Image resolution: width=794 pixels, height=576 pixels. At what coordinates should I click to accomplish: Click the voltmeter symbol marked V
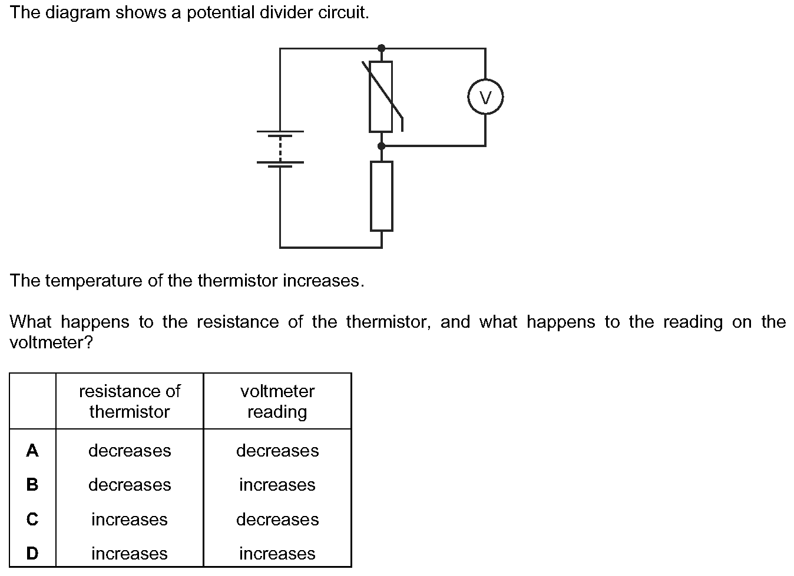(x=485, y=96)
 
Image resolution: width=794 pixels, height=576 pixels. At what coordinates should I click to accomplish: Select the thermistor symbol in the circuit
(x=382, y=96)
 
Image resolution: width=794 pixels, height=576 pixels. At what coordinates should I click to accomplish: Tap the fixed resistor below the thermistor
(x=382, y=196)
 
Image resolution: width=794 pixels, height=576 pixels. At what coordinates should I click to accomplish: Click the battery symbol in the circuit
(x=280, y=149)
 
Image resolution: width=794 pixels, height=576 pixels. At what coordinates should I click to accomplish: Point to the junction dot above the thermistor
(x=382, y=48)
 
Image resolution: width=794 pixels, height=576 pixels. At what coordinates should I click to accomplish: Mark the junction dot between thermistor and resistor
(x=382, y=146)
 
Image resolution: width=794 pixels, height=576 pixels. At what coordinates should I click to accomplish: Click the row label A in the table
(x=32, y=451)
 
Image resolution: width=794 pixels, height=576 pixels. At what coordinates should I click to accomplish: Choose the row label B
(x=32, y=485)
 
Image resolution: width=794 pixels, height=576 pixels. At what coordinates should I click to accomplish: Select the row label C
(x=32, y=520)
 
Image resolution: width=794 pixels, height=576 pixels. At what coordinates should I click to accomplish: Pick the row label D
(x=32, y=553)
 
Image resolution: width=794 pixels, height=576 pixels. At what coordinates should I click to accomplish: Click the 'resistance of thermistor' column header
(x=130, y=401)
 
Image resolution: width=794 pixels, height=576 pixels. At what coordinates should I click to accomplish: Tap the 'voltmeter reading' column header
(x=277, y=402)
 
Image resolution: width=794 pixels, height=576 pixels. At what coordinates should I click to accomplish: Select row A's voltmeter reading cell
(x=277, y=451)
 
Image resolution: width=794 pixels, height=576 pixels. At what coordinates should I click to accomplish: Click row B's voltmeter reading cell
(x=277, y=485)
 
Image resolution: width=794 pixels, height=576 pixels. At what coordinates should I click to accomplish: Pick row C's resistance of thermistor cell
(x=130, y=520)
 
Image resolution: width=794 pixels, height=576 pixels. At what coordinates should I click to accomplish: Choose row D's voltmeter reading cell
(x=277, y=553)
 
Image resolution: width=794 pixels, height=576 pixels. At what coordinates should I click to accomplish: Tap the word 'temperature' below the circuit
(x=94, y=281)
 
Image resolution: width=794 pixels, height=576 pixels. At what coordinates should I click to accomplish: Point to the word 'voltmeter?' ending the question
(x=51, y=342)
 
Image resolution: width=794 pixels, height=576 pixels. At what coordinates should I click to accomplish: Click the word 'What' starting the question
(x=31, y=322)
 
